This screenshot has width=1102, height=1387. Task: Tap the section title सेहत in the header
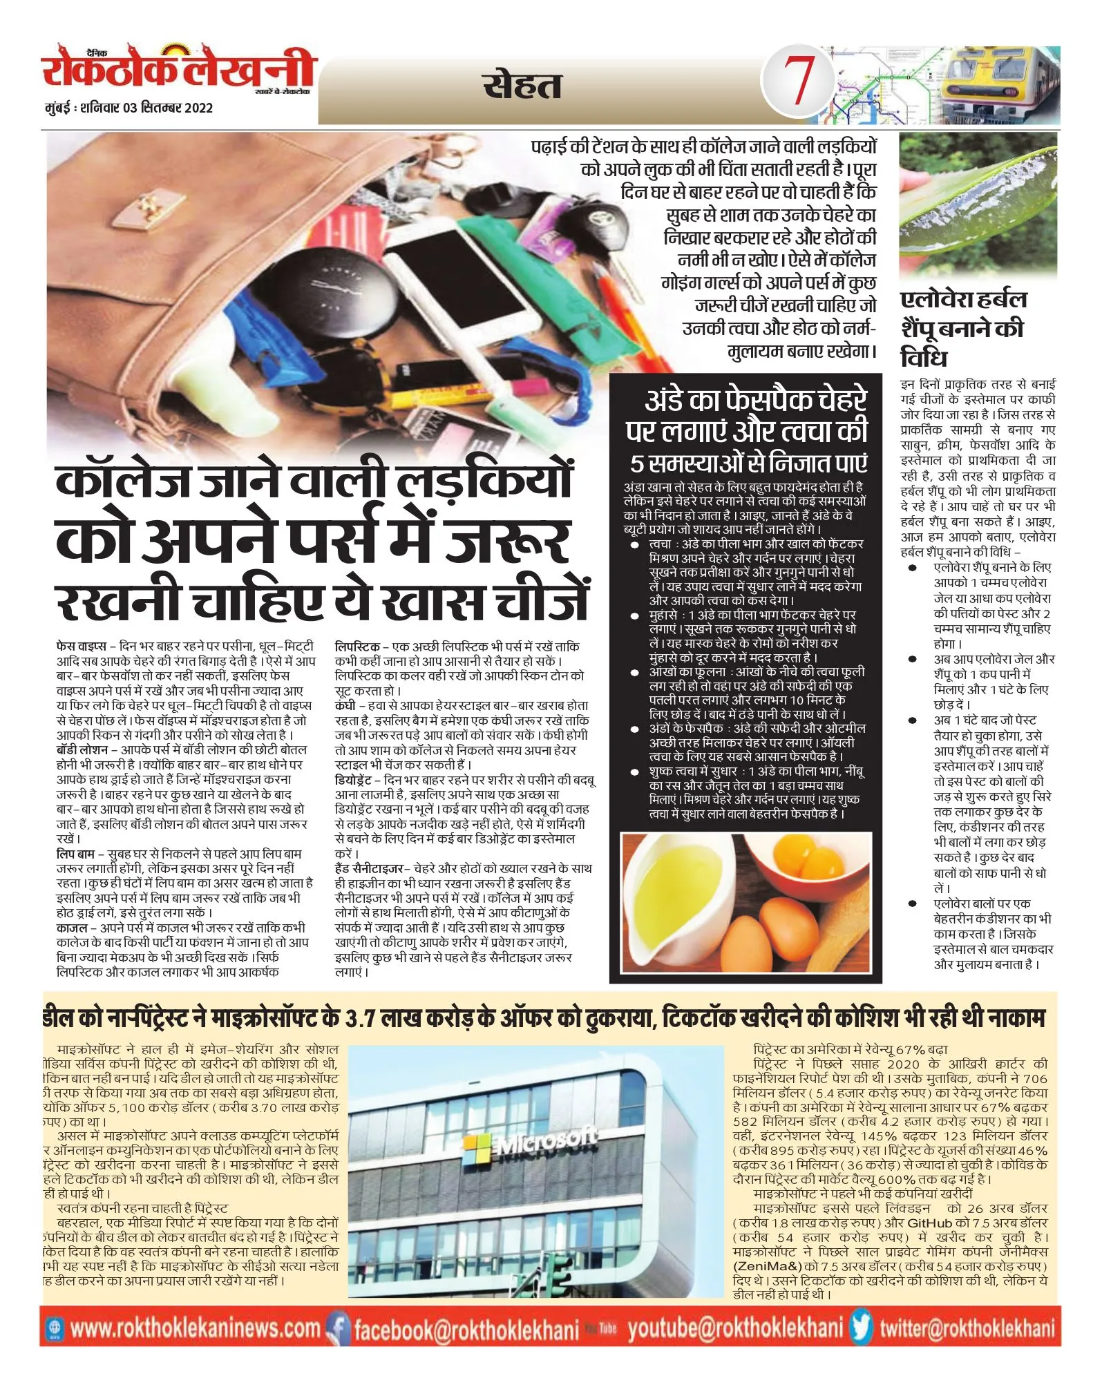[522, 86]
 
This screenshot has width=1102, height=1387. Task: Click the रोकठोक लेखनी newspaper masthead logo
[178, 70]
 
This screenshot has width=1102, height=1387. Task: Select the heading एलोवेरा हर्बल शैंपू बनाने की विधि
[963, 329]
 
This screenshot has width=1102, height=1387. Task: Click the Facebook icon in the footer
[339, 1328]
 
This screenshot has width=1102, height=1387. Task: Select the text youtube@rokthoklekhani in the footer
[735, 1328]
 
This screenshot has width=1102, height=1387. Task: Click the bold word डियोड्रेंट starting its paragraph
[353, 780]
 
